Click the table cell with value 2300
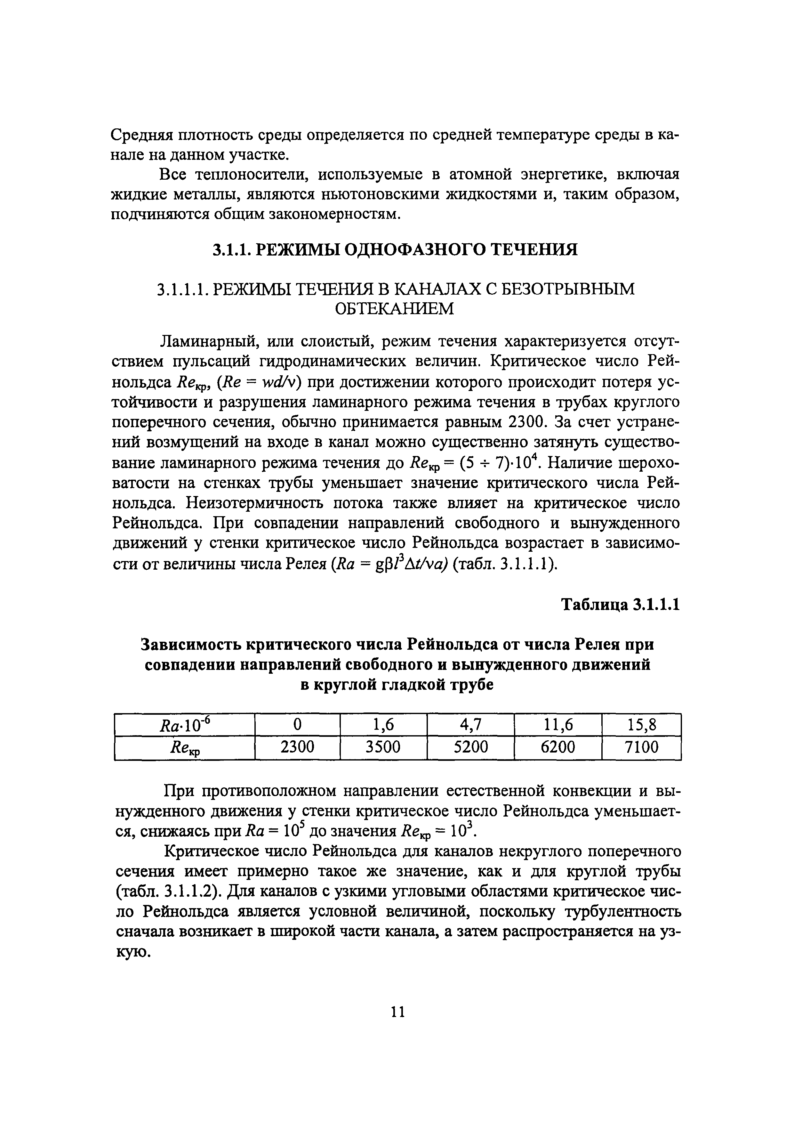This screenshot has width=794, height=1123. pyautogui.click(x=297, y=747)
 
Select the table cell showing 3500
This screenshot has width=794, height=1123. pyautogui.click(x=383, y=747)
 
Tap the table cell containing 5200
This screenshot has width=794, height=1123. pyautogui.click(x=470, y=747)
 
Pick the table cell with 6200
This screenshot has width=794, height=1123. pyautogui.click(x=558, y=747)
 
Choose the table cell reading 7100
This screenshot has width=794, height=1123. pyautogui.click(x=641, y=747)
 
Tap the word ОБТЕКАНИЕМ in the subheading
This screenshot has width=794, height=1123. pyautogui.click(x=394, y=309)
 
